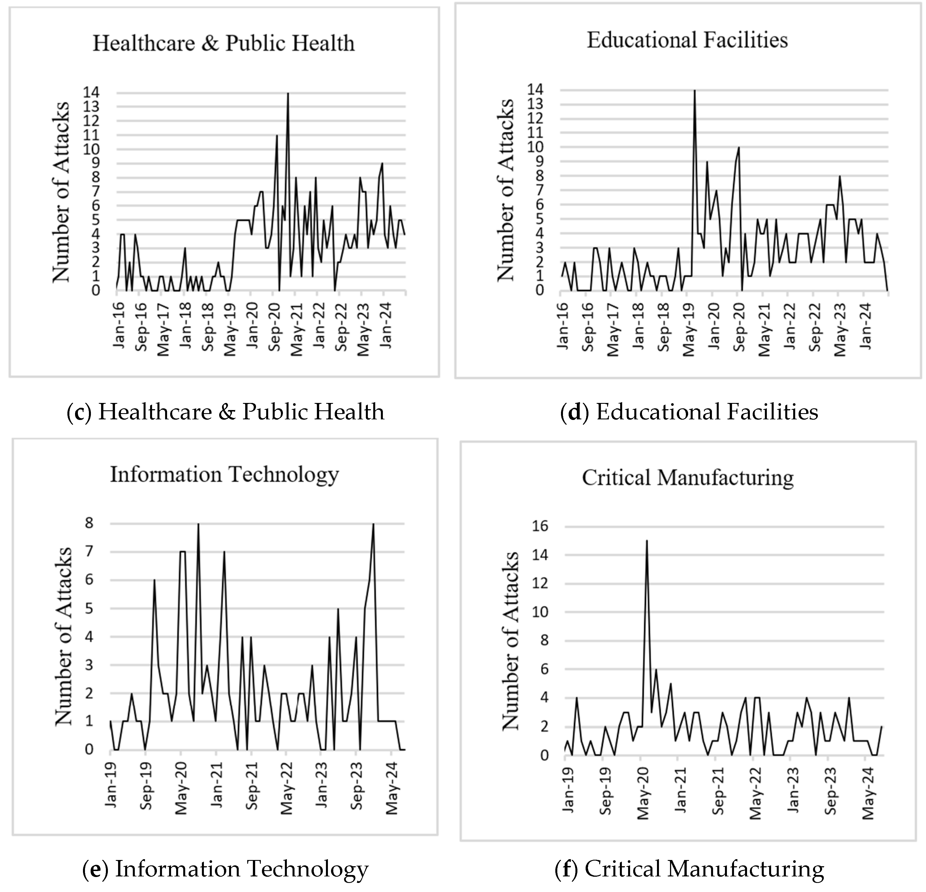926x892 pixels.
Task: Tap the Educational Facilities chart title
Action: [687, 40]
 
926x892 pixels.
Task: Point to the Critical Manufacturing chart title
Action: [687, 478]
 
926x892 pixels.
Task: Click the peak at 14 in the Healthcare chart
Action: [288, 93]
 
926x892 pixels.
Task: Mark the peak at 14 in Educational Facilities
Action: [694, 90]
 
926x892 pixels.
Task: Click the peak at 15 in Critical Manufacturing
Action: [646, 541]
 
